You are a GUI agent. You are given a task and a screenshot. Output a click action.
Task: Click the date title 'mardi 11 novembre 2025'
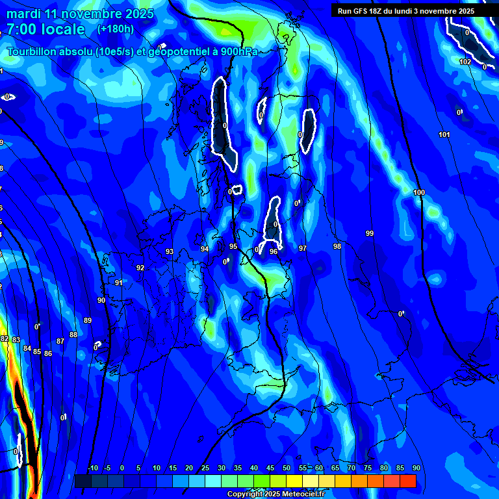tap(80, 14)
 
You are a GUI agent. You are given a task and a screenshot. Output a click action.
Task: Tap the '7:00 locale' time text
tap(45, 29)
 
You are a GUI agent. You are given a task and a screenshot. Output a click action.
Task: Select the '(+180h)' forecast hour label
tap(116, 29)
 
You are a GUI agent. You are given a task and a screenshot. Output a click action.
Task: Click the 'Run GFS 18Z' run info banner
tap(405, 11)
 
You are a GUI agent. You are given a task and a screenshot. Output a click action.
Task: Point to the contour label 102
tap(465, 62)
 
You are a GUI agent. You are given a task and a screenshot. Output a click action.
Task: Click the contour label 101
tap(444, 135)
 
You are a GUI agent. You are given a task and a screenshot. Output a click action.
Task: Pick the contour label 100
tap(419, 193)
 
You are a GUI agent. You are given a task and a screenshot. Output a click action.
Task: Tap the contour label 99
tap(370, 233)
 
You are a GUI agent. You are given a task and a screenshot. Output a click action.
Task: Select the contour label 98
tap(337, 246)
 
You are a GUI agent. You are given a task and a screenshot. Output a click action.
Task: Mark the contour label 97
tap(303, 249)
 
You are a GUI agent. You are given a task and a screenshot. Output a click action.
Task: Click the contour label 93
tap(170, 251)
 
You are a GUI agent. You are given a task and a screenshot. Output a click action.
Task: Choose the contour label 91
tap(118, 283)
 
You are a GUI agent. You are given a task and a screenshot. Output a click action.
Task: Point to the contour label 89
tap(88, 320)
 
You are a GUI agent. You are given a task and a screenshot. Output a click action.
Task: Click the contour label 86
tap(47, 353)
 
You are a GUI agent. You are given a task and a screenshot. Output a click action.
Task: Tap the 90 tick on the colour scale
tap(416, 468)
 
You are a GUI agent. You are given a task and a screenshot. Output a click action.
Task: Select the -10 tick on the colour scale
tap(92, 468)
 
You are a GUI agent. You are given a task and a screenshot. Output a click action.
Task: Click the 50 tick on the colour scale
tap(287, 468)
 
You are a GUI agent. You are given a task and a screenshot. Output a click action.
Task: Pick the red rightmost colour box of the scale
tap(407, 481)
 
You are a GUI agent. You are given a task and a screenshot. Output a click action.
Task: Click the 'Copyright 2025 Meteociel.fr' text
tap(275, 494)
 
